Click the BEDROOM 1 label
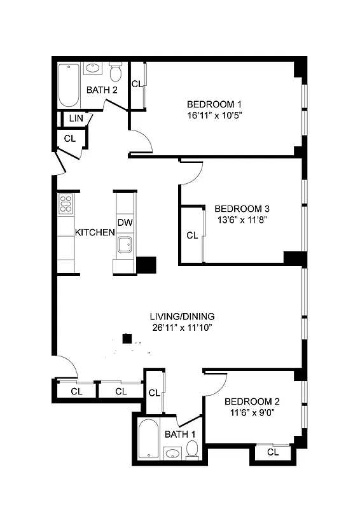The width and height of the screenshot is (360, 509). point(214,104)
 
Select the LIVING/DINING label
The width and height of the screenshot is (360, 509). point(182,316)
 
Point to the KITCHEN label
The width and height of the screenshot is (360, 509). point(95,232)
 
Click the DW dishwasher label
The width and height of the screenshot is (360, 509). point(125,222)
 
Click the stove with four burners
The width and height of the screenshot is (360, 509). point(66,204)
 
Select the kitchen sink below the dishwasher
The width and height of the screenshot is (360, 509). point(125,242)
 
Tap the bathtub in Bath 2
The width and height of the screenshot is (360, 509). point(67,87)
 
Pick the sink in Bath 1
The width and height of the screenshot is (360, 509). point(171,454)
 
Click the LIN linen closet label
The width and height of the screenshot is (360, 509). point(76,118)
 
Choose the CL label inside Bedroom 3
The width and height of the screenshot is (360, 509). point(192,235)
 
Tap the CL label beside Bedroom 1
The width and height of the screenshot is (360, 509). point(137,84)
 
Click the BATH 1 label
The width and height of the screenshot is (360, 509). point(180,434)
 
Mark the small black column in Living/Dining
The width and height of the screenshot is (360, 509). point(128,338)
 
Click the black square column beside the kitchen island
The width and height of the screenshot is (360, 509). point(146,265)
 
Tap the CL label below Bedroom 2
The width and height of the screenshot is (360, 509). point(273,452)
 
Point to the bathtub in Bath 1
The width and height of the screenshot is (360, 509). point(149,440)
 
